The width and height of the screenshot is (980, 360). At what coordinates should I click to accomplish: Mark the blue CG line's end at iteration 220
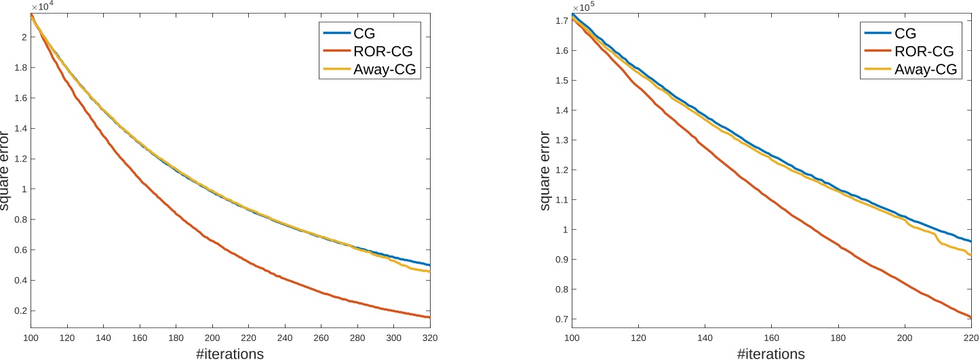(971, 241)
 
